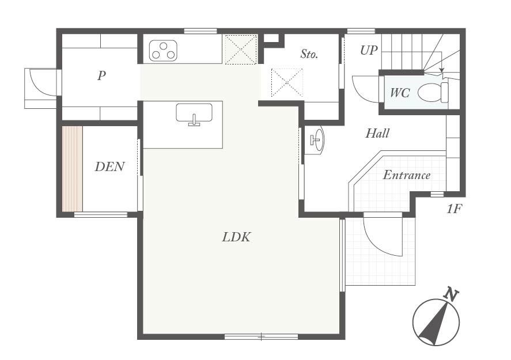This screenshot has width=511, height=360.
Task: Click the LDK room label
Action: pyautogui.click(x=236, y=237)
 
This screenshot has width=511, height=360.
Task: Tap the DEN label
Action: pyautogui.click(x=110, y=167)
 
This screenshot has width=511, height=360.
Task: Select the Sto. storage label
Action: pyautogui.click(x=309, y=54)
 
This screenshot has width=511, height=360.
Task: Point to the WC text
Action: pyautogui.click(x=400, y=93)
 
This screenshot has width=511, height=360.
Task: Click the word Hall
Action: pyautogui.click(x=377, y=133)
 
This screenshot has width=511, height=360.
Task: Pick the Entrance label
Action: pyautogui.click(x=406, y=175)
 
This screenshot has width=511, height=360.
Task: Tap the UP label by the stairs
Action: pyautogui.click(x=369, y=50)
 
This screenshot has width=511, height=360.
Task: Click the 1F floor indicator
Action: pyautogui.click(x=454, y=209)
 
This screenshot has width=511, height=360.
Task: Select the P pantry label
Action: pyautogui.click(x=101, y=75)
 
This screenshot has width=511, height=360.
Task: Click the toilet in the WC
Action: pyautogui.click(x=433, y=92)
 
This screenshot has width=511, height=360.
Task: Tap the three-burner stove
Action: pyautogui.click(x=163, y=51)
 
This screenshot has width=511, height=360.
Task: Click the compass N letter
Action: pyautogui.click(x=451, y=294)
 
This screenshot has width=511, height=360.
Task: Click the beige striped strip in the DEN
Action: pyautogui.click(x=73, y=169)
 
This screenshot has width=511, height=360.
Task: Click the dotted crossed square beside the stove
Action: pyautogui.click(x=241, y=50)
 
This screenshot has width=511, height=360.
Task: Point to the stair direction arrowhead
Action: pyautogui.click(x=442, y=70)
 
